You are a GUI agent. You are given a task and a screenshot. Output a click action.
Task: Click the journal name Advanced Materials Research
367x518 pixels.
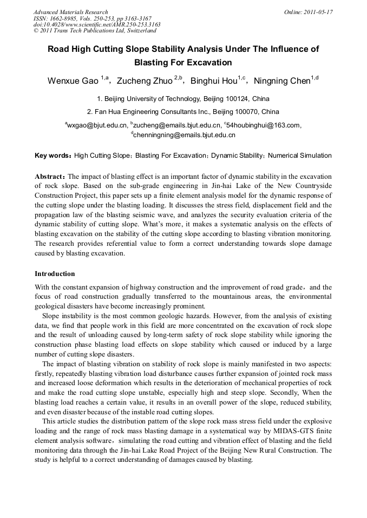[71, 12]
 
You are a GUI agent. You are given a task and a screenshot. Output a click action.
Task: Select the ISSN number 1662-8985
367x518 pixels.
[63, 18]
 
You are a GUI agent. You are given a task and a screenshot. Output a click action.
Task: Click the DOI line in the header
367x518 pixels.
[97, 24]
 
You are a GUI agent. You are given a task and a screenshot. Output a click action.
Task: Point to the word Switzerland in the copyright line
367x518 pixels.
[140, 31]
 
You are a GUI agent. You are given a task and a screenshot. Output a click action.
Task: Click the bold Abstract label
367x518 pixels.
[50, 177]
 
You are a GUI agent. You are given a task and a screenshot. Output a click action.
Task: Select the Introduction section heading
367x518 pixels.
[55, 274]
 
